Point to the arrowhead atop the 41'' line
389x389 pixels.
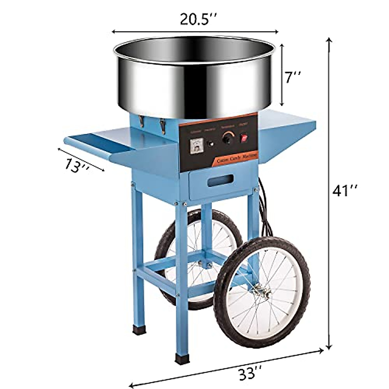(330, 40)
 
